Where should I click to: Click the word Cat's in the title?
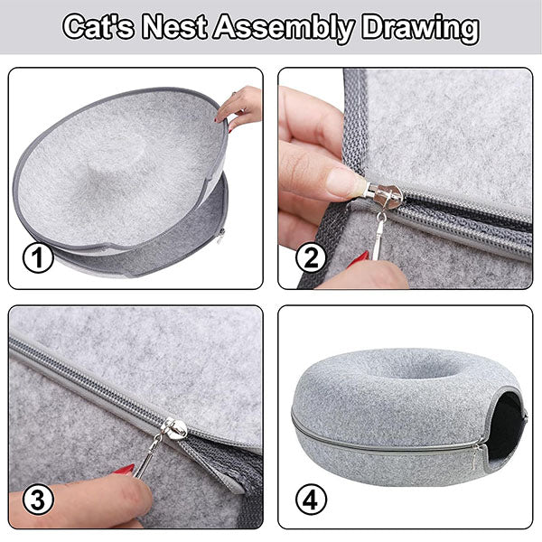tap(98, 27)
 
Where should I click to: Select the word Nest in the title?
tap(175, 27)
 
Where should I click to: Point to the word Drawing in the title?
tap(420, 28)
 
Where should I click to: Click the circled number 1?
tap(38, 257)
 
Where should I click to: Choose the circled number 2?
tap(311, 257)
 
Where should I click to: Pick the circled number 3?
tap(38, 500)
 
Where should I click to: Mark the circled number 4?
tap(311, 500)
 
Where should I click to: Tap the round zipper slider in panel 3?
tap(174, 428)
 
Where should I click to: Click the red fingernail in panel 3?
tap(125, 470)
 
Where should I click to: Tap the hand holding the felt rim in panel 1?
tap(238, 107)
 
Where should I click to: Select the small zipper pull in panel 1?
tap(220, 236)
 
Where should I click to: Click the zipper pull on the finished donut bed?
tap(477, 455)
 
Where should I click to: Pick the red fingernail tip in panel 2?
tap(360, 258)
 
